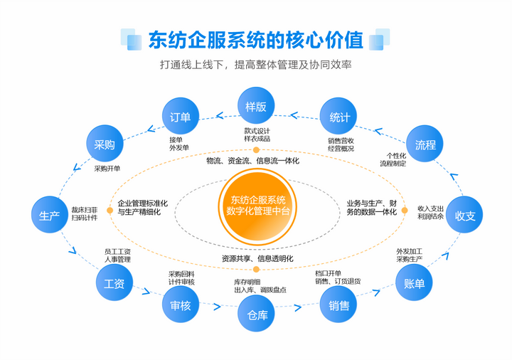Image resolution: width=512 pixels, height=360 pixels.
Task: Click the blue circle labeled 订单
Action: point(181,117)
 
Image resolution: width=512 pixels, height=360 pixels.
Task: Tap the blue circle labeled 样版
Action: point(256,106)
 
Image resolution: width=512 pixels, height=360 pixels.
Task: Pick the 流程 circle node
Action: point(425,144)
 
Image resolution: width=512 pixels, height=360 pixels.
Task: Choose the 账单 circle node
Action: point(414,283)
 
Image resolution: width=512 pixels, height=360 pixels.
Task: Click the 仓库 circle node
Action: point(257,314)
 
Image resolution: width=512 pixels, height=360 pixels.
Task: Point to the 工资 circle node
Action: point(114,283)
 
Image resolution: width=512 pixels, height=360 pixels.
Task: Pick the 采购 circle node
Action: point(105,144)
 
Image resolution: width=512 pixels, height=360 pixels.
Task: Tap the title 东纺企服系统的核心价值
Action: point(255,40)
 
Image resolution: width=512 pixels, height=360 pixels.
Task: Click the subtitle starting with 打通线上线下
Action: point(256,65)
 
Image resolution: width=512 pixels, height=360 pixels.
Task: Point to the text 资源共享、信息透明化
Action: point(257,258)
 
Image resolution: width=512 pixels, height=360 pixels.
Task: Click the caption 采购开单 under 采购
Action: point(107,169)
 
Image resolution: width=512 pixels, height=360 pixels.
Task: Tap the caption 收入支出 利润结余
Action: point(430,212)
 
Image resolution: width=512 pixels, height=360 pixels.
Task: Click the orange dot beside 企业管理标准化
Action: point(109,210)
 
